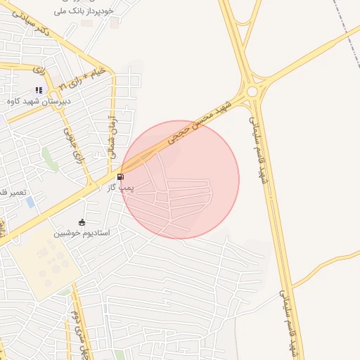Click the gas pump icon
122,176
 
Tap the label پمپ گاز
120,188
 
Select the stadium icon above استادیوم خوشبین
82,222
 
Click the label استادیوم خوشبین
82,232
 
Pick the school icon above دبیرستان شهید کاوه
39,90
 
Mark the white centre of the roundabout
252,92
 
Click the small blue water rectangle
30,202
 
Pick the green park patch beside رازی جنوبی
50,157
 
